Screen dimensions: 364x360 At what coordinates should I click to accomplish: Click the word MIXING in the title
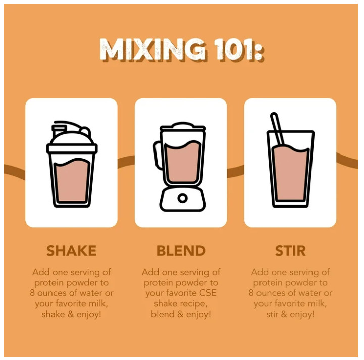coord(153,49)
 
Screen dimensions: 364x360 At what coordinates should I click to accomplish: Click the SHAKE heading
coord(72,251)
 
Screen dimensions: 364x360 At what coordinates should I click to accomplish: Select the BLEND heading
coord(181,251)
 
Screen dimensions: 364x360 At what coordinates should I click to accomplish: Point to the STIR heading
coord(290,251)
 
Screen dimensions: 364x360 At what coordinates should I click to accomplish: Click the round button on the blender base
coord(182,198)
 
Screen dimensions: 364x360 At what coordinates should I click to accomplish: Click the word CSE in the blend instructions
coord(207,293)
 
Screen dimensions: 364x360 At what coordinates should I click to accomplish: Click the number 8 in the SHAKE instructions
coord(32,293)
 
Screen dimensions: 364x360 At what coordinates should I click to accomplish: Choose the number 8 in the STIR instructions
coord(251,293)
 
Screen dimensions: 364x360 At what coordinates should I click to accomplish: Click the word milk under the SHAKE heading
coord(98,303)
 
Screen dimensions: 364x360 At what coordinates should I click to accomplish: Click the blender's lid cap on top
coord(182,125)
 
